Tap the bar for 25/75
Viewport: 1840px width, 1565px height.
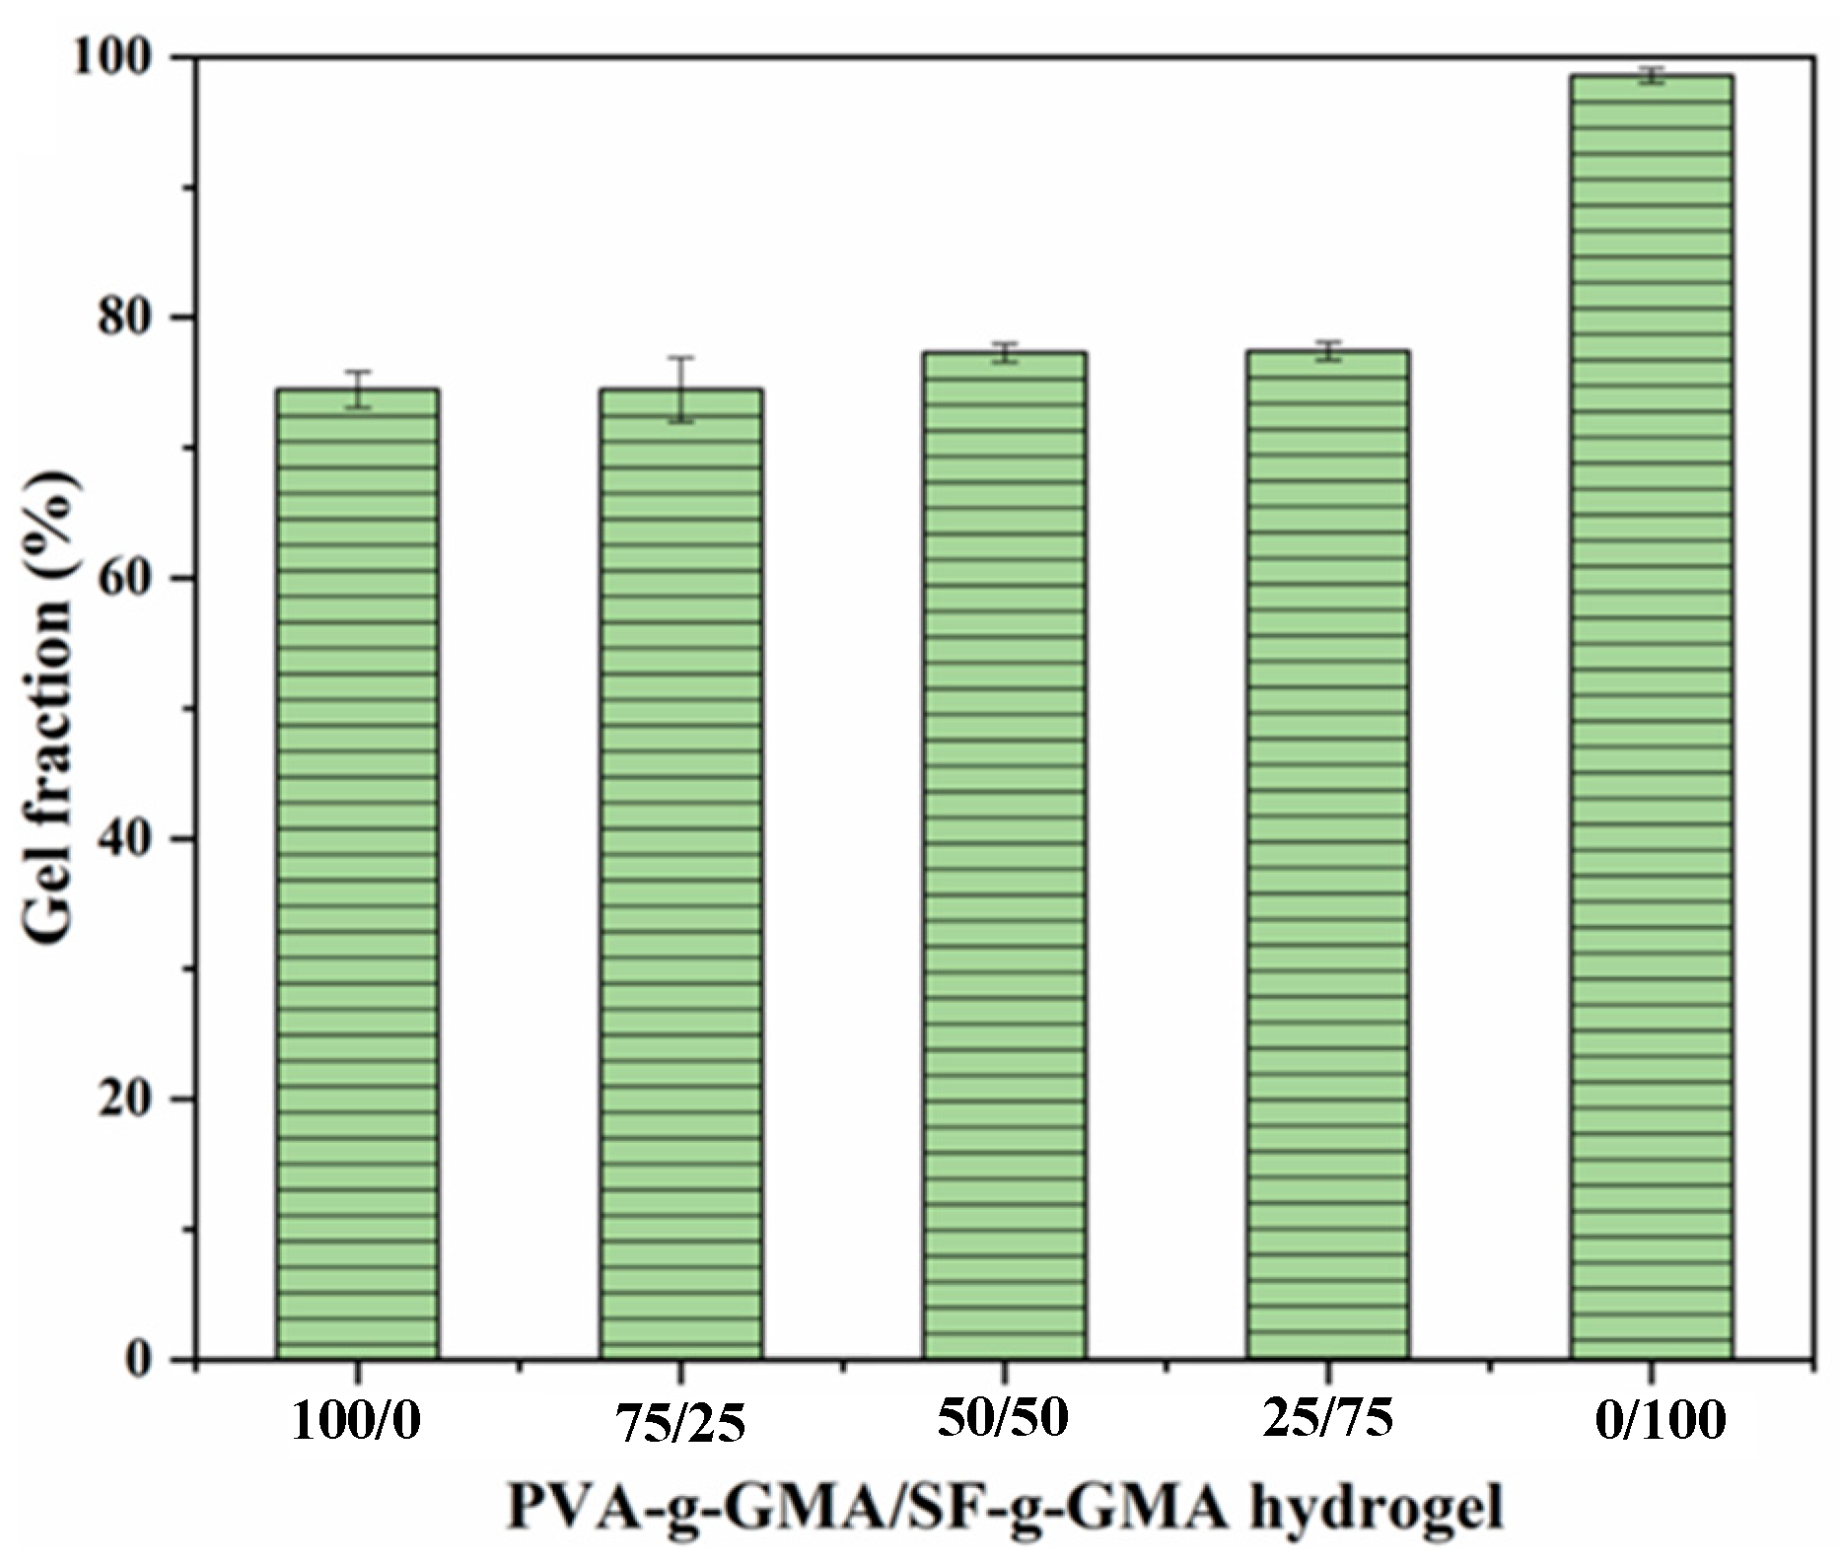tap(1327, 855)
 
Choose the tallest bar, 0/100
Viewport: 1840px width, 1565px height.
tap(1651, 717)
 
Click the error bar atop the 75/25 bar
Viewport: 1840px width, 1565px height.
tap(680, 389)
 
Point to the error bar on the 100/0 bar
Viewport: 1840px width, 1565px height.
tap(357, 389)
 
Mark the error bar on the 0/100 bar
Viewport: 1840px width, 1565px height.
tap(1651, 76)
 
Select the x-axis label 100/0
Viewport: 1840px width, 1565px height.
tap(356, 1423)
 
